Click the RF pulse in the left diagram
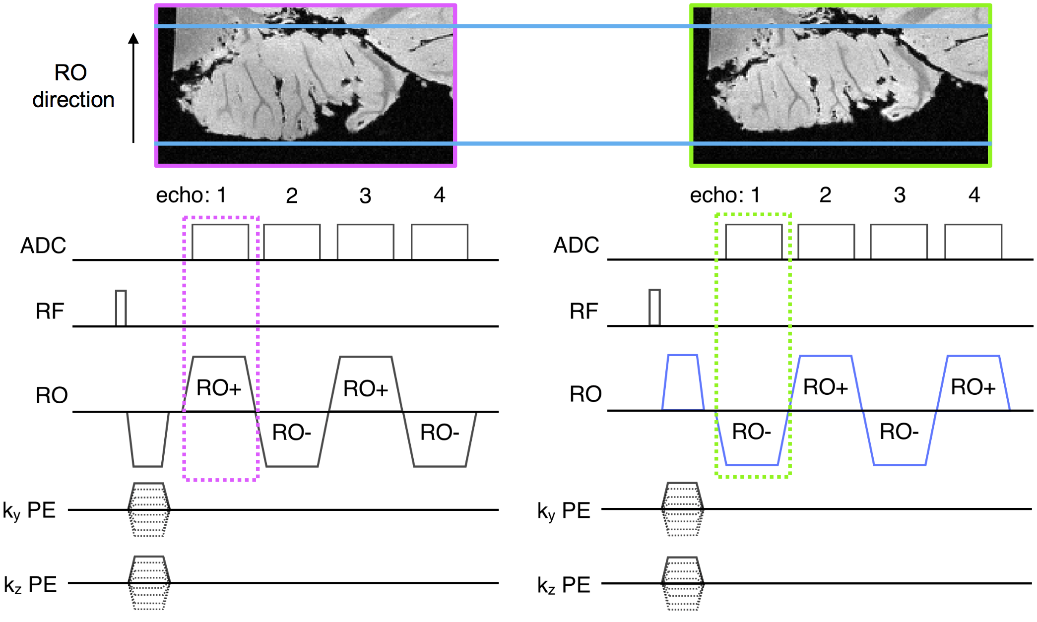(x=121, y=308)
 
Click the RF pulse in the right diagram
(x=654, y=308)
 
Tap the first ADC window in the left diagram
(x=220, y=242)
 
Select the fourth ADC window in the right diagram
(x=973, y=242)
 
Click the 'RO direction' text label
(x=73, y=86)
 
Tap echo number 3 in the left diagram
(x=365, y=196)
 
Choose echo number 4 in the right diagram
(x=974, y=195)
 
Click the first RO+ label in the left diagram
(x=219, y=388)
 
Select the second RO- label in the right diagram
(x=899, y=432)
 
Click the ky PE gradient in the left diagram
(x=149, y=509)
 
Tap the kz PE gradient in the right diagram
(x=683, y=583)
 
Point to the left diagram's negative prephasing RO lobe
(x=148, y=439)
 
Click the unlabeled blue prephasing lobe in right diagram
(x=683, y=382)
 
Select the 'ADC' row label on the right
(x=576, y=245)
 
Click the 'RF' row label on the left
(x=50, y=311)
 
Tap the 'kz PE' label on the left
(x=30, y=585)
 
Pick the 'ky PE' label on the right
(x=564, y=510)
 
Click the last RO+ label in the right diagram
(x=973, y=387)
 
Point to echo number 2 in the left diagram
(x=292, y=196)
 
